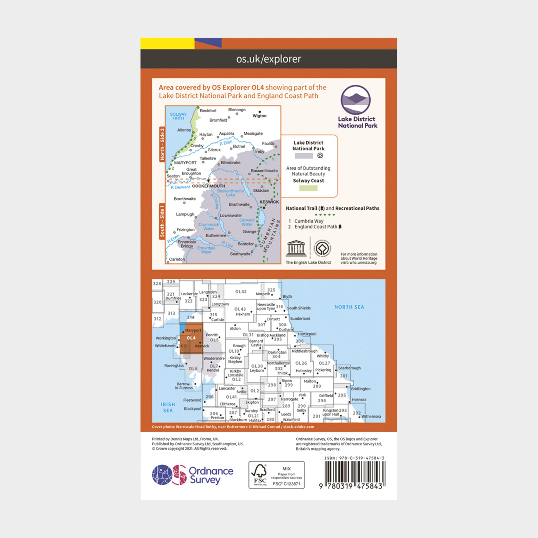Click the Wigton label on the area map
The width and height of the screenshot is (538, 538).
coord(259,116)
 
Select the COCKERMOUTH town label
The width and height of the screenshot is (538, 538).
coord(209,186)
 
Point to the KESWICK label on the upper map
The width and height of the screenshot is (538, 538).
coord(269,202)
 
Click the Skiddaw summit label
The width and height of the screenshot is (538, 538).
coord(261,190)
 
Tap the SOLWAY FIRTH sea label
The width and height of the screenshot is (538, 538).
coord(178,116)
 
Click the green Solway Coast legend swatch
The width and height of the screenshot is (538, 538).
coord(308,188)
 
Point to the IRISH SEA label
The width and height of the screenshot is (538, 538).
coord(168,407)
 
